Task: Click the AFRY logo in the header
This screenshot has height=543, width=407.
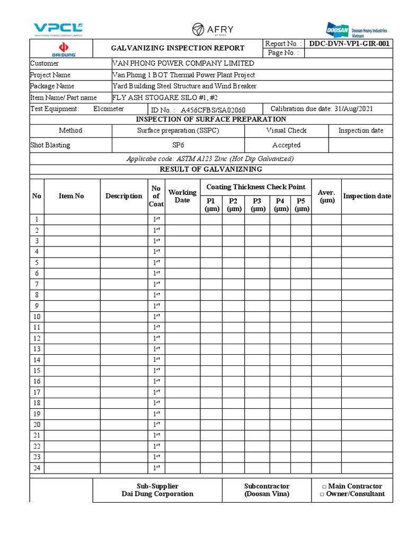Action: coord(213,29)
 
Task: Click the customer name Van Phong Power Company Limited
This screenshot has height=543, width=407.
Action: coord(183,64)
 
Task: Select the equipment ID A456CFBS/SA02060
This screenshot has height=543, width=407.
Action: coord(213,110)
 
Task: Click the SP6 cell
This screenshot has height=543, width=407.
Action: coord(178,145)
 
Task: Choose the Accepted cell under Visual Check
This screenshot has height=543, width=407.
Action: coord(286,145)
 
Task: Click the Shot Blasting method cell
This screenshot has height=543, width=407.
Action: coord(50,145)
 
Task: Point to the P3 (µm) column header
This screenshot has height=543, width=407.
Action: coord(257,205)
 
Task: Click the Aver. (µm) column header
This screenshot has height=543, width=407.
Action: coord(326,196)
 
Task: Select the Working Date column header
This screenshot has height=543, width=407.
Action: coord(182,196)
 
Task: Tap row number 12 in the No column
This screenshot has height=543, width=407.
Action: coord(37,338)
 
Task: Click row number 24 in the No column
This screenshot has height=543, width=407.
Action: coord(37,468)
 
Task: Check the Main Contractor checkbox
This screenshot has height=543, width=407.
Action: coord(324,487)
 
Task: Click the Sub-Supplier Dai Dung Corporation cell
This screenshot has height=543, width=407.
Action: coord(157,490)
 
